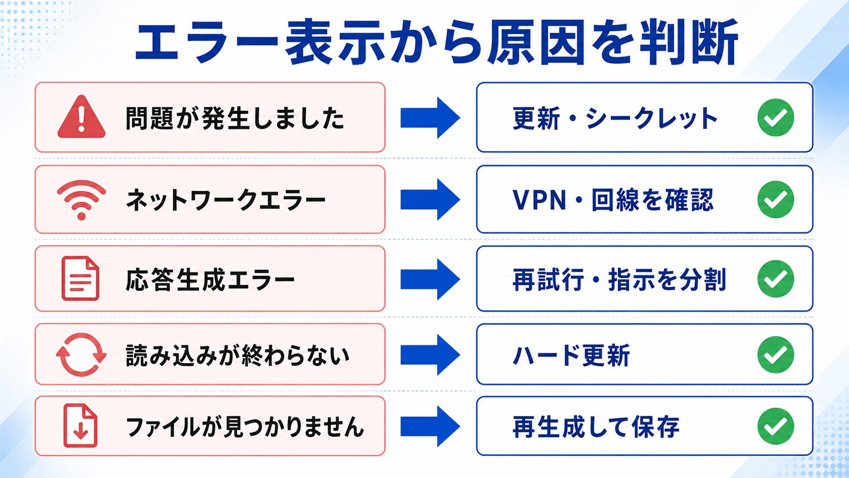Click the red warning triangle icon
81,117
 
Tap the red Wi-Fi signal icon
81,200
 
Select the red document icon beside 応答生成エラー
80,278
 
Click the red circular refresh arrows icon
81,355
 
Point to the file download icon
80,426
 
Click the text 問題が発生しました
235,118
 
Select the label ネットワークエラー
226,200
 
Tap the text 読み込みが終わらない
237,355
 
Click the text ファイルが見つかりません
244,427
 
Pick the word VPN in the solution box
539,200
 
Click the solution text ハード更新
571,355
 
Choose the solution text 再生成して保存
596,427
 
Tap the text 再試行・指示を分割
619,279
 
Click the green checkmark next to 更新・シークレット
775,117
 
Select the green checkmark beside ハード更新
775,355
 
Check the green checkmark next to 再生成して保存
775,426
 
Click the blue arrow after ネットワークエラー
430,200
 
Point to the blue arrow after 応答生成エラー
430,279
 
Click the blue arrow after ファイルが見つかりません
430,427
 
